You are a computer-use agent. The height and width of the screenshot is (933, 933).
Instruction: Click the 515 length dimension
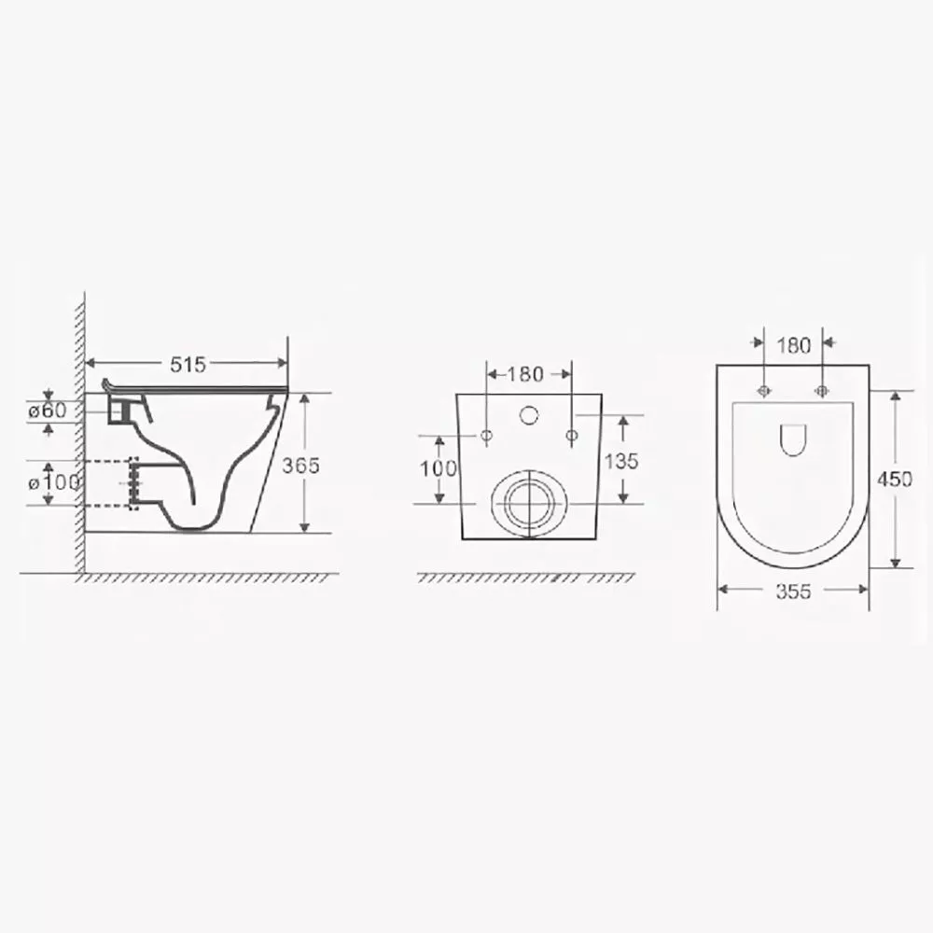188,364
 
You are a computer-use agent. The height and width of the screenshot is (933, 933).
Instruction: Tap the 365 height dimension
300,466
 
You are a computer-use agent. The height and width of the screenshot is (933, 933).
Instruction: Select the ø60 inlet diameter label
48,410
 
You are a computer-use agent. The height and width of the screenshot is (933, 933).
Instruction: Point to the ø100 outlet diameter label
53,482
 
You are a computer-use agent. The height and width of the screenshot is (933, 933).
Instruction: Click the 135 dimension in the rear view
621,461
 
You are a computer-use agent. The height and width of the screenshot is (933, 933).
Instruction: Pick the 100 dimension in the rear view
439,469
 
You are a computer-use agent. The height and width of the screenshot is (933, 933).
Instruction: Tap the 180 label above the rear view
525,374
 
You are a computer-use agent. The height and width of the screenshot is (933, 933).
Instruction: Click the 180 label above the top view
794,345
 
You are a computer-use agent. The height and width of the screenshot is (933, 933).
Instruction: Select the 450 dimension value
895,479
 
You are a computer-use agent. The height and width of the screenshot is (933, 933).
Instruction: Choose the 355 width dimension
793,591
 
